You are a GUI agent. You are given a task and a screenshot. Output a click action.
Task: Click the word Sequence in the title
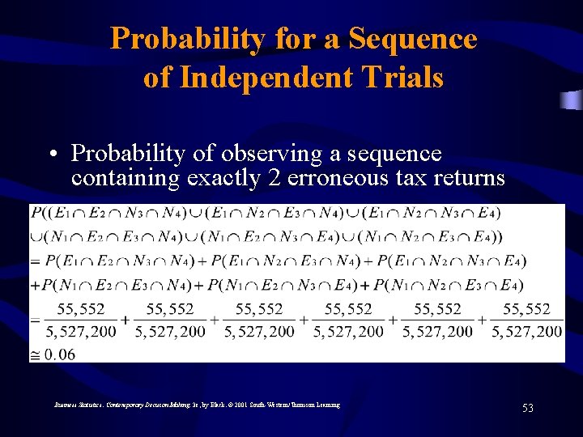pos(413,38)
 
